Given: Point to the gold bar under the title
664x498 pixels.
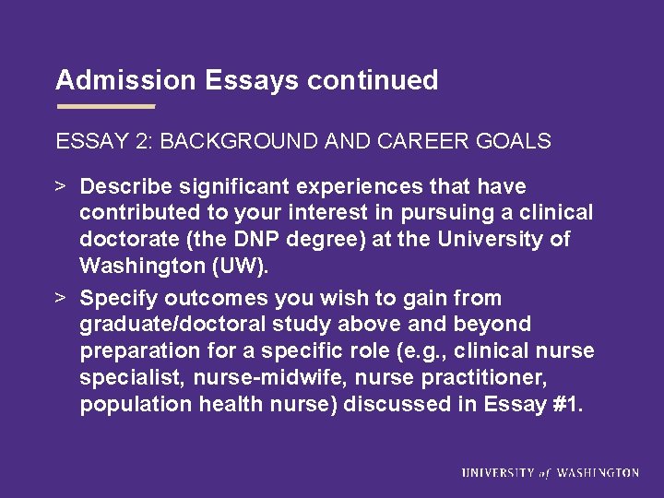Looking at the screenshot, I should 105,107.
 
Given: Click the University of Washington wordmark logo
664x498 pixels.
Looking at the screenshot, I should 550,472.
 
